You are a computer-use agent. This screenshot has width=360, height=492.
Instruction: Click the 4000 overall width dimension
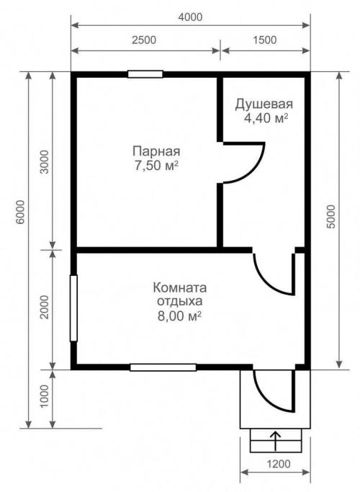coord(192,16)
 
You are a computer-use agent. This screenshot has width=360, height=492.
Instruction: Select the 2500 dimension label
coord(144,40)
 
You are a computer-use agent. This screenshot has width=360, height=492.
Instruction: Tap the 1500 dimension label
coord(265,40)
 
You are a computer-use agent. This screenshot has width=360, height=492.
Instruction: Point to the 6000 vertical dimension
coord(19,213)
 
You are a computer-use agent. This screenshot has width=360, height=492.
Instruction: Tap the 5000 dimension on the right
coord(330,216)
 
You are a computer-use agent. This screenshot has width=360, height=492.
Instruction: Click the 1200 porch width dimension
coord(274,463)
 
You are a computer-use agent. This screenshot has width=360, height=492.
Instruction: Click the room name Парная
coord(156,151)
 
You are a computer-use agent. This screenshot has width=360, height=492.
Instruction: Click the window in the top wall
coord(145,73)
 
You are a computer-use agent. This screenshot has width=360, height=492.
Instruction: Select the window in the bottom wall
coord(163,367)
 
